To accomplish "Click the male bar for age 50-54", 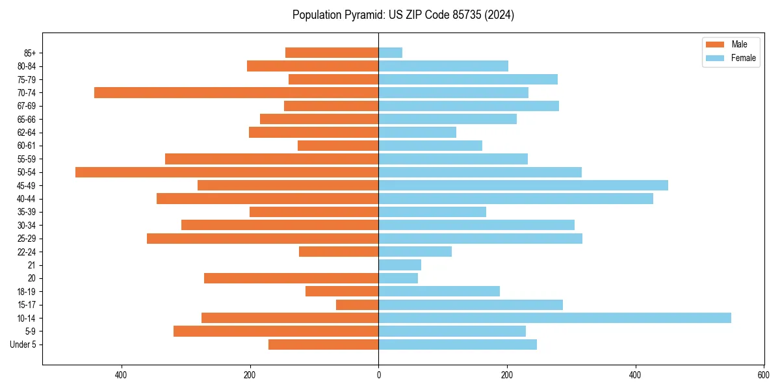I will pyautogui.click(x=227, y=172).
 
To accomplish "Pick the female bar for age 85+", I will pyautogui.click(x=390, y=53).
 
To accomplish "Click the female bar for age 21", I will pyautogui.click(x=400, y=265).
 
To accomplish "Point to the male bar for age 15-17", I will pyautogui.click(x=357, y=305).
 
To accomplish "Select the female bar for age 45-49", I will pyautogui.click(x=523, y=185).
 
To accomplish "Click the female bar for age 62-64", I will pyautogui.click(x=417, y=133).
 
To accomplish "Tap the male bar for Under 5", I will pyautogui.click(x=323, y=344).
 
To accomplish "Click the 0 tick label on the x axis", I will pyautogui.click(x=378, y=375).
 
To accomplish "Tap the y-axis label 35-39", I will pyautogui.click(x=27, y=212).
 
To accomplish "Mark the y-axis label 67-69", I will pyautogui.click(x=27, y=106).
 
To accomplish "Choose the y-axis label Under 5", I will pyautogui.click(x=23, y=344).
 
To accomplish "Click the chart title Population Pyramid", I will pyautogui.click(x=403, y=15).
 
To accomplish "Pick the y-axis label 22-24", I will pyautogui.click(x=27, y=252).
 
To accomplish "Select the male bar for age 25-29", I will pyautogui.click(x=263, y=239).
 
